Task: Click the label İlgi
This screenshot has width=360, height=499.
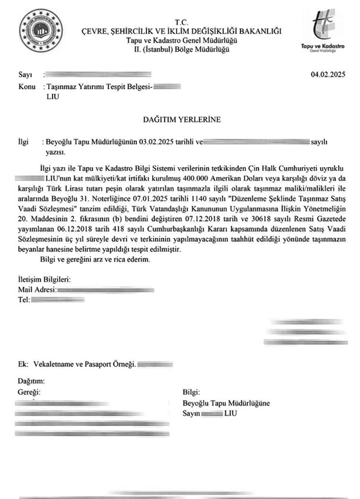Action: (23, 143)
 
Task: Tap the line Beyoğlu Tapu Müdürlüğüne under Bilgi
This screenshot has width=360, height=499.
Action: (226, 403)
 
